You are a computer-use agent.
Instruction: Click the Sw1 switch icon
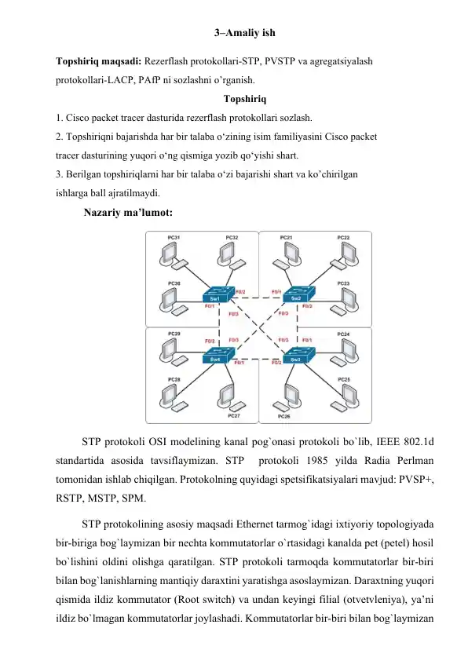click(x=218, y=294)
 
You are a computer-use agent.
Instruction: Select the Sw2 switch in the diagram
click(x=298, y=294)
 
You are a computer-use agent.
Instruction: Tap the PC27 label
click(x=233, y=415)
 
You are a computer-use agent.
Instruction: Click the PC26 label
click(x=284, y=416)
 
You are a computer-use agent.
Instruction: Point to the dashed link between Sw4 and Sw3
click(x=258, y=359)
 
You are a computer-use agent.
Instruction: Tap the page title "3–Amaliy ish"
click(x=244, y=32)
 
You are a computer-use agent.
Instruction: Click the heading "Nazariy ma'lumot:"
click(x=128, y=212)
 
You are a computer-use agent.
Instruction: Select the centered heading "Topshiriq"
click(x=245, y=99)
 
